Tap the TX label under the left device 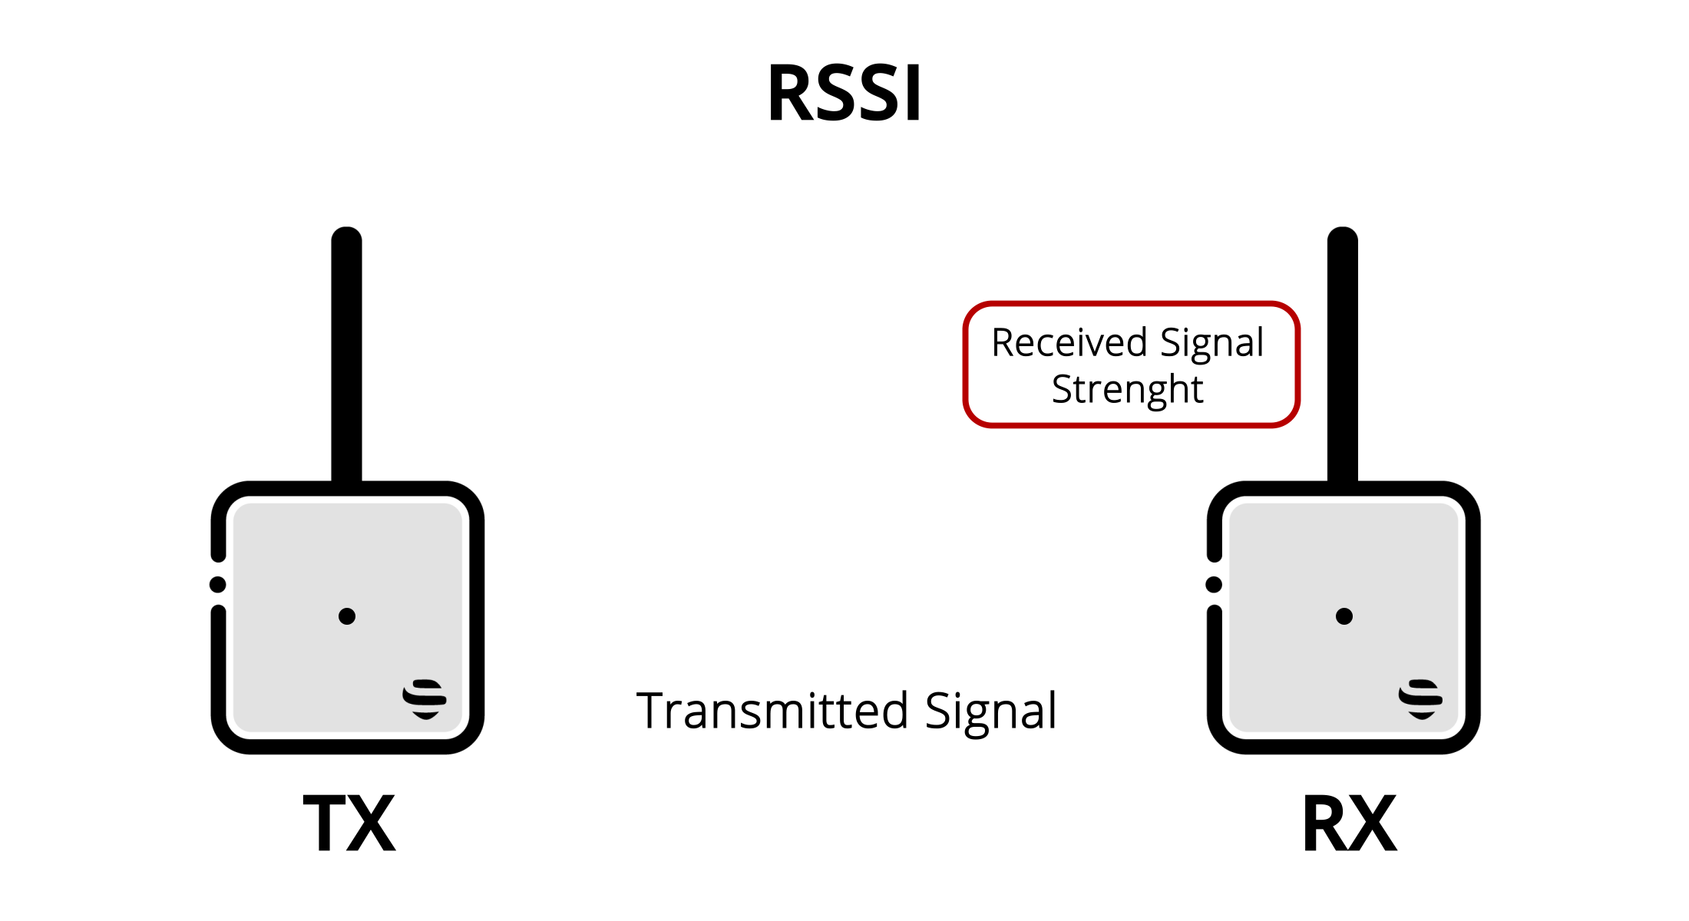click(x=349, y=824)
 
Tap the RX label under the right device click(x=1350, y=824)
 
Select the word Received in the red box click(x=1069, y=342)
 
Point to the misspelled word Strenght click(x=1127, y=389)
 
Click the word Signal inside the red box click(x=1211, y=342)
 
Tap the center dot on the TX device click(x=347, y=616)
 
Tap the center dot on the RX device click(x=1344, y=616)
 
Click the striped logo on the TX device click(x=425, y=699)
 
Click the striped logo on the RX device click(x=1420, y=699)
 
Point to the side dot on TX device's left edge click(x=218, y=585)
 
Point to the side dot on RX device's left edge click(x=1214, y=585)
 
